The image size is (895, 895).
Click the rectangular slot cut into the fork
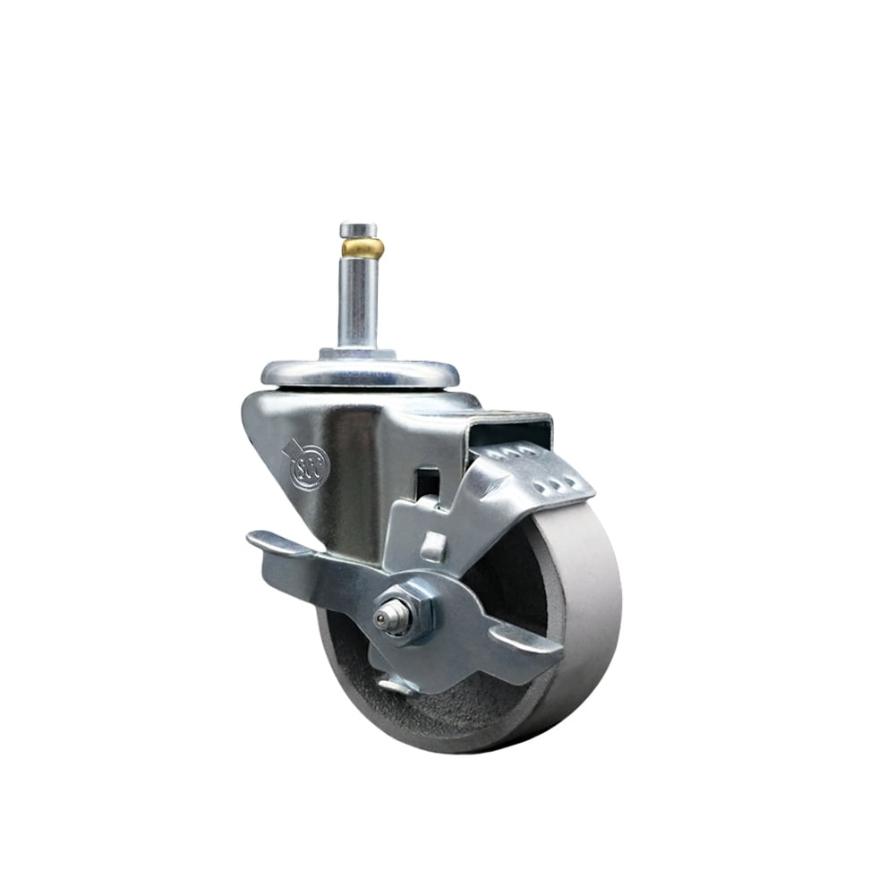tap(429, 482)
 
